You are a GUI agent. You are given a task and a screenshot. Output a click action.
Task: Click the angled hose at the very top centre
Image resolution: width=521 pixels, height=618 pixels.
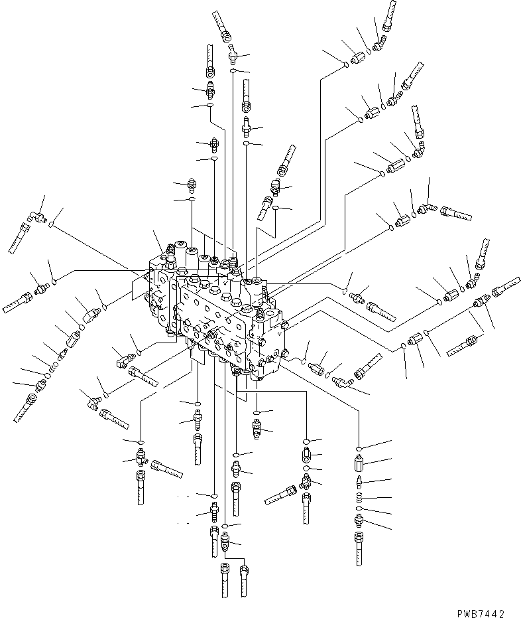click(221, 29)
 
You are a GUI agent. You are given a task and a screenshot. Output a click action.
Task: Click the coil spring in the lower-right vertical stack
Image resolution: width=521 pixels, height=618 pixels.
click(359, 497)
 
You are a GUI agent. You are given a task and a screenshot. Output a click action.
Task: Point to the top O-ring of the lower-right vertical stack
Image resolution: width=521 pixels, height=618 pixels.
click(359, 449)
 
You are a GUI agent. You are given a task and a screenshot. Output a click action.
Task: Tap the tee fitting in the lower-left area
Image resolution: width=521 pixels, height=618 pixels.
click(141, 457)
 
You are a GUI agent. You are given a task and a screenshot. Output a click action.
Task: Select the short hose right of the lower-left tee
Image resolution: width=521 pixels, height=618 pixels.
click(166, 468)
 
